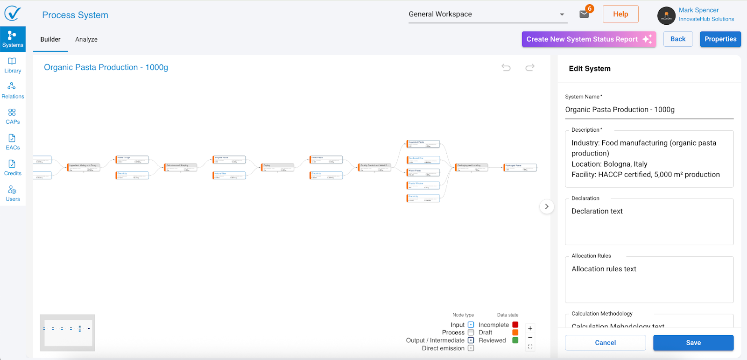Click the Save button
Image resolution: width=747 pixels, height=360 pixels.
pos(693,343)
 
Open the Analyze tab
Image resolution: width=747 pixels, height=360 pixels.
pos(86,39)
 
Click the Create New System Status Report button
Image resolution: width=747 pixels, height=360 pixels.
pos(588,39)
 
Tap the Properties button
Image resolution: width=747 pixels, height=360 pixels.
pos(720,39)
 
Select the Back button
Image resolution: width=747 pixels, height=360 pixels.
pos(677,39)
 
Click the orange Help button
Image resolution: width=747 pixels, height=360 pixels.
pos(620,14)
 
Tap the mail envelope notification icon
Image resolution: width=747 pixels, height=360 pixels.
pos(584,14)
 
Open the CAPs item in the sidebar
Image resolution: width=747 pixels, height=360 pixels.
pos(13,116)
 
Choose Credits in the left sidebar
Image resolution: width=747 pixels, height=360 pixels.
pos(13,167)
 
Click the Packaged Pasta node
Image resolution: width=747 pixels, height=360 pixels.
pos(520,167)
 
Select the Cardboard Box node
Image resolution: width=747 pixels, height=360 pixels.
pos(423,160)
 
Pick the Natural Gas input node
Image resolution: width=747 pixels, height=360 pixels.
pos(229,176)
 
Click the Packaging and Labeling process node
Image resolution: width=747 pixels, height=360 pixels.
pos(472,167)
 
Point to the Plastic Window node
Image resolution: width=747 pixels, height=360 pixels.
pos(423,185)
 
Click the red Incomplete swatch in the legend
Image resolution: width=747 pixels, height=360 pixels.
pos(515,325)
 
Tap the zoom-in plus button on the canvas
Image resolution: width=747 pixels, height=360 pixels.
pos(530,328)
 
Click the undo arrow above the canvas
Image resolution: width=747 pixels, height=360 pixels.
pos(506,68)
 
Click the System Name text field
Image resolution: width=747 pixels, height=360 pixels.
pos(649,110)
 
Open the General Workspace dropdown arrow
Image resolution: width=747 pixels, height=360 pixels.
pos(562,14)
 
